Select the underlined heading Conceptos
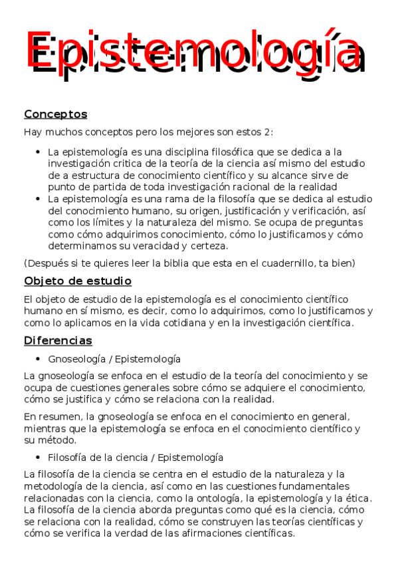point(55,114)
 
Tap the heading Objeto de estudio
point(77,281)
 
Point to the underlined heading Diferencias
point(58,341)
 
